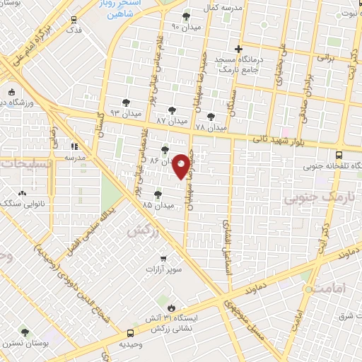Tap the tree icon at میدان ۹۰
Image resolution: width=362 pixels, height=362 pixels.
[187, 16]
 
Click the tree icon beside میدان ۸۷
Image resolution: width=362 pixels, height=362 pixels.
[172, 110]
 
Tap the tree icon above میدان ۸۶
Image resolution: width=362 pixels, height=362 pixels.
[165, 150]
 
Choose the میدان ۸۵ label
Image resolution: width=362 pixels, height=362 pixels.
[156, 205]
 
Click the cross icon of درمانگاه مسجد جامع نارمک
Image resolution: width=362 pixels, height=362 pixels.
[239, 49]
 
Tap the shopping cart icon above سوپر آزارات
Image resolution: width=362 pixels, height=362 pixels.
[164, 259]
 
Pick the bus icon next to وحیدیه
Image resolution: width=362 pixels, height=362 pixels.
[129, 332]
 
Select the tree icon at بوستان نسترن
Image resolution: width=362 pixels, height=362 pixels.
[25, 332]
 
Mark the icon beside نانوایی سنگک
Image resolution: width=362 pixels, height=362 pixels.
[23, 193]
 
